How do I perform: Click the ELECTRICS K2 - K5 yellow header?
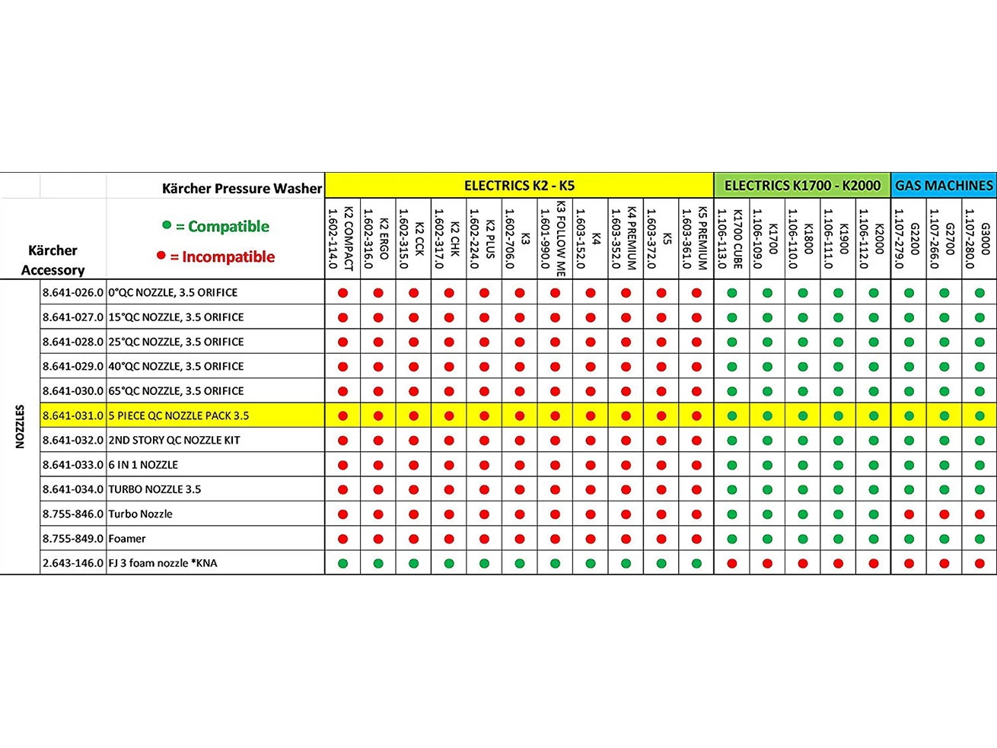(x=519, y=185)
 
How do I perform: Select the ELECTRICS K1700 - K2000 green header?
(x=802, y=185)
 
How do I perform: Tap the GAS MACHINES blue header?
(x=944, y=185)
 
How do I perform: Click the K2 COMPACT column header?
(x=341, y=239)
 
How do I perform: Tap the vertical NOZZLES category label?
(x=21, y=426)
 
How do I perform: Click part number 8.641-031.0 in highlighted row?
(x=73, y=415)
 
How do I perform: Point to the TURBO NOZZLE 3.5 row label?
(x=154, y=489)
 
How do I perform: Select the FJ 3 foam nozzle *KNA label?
(x=162, y=563)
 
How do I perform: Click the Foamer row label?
(x=127, y=539)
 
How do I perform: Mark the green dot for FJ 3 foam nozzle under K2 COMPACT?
(x=343, y=564)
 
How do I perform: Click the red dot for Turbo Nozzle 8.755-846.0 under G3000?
(x=979, y=514)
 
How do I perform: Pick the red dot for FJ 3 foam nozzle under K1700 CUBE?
(x=732, y=564)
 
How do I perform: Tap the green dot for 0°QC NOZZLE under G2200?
(x=909, y=293)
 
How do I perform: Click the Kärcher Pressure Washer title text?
(x=241, y=188)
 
